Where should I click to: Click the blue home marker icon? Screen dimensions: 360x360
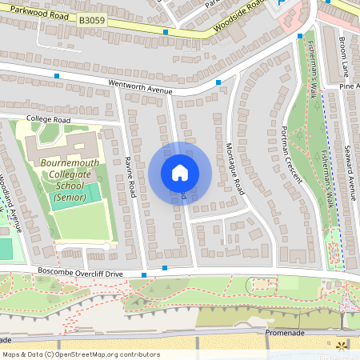point(179,173)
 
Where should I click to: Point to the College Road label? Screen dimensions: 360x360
point(48,120)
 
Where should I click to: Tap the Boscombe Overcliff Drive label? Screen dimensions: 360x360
point(79,273)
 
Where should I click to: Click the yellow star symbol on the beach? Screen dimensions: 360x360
point(342,346)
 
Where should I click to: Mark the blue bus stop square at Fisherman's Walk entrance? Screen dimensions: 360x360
point(299,36)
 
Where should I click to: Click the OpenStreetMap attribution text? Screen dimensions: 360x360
point(80,354)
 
